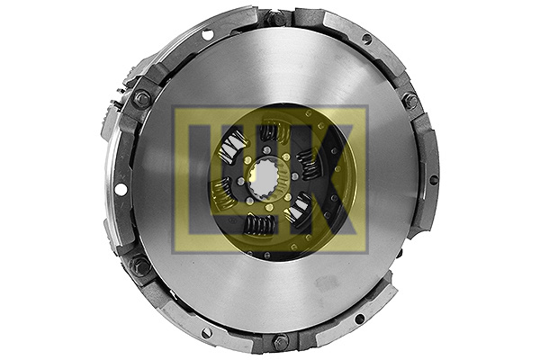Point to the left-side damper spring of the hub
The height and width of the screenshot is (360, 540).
coord(222,190)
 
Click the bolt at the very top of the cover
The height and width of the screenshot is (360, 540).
coord(277,17)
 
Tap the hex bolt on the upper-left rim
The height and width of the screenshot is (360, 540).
coord(141,99)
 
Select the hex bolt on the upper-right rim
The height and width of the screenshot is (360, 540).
coord(410,101)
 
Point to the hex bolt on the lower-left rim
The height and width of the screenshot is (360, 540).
coord(140,266)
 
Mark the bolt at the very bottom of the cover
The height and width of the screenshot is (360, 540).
coord(281,342)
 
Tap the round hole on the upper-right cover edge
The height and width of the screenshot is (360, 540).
coord(366,39)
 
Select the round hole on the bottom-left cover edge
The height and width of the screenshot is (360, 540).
coord(206,333)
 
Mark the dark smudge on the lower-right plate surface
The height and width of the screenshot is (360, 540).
coord(326,283)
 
